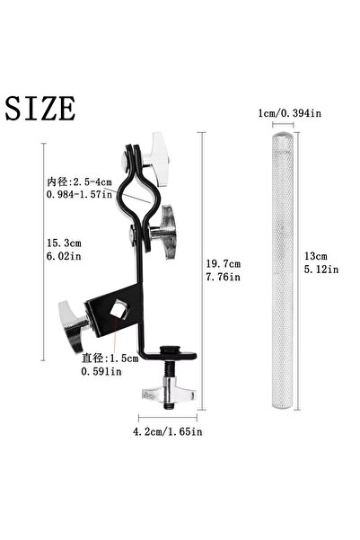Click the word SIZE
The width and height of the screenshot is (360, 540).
[x=40, y=107]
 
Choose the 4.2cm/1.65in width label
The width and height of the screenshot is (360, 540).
[x=169, y=432]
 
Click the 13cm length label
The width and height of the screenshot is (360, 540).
[x=316, y=254]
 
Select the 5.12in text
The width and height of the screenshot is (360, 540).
[x=320, y=268]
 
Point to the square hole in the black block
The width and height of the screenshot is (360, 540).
[x=113, y=313]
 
